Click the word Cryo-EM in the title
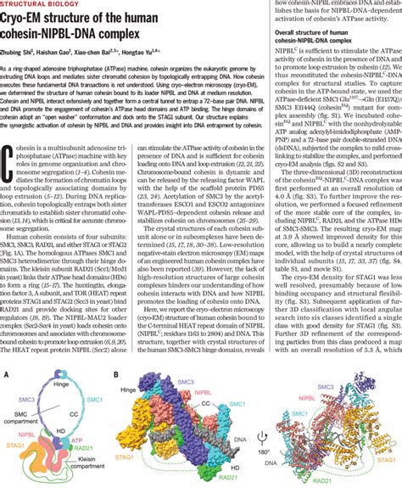click(x=31, y=20)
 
